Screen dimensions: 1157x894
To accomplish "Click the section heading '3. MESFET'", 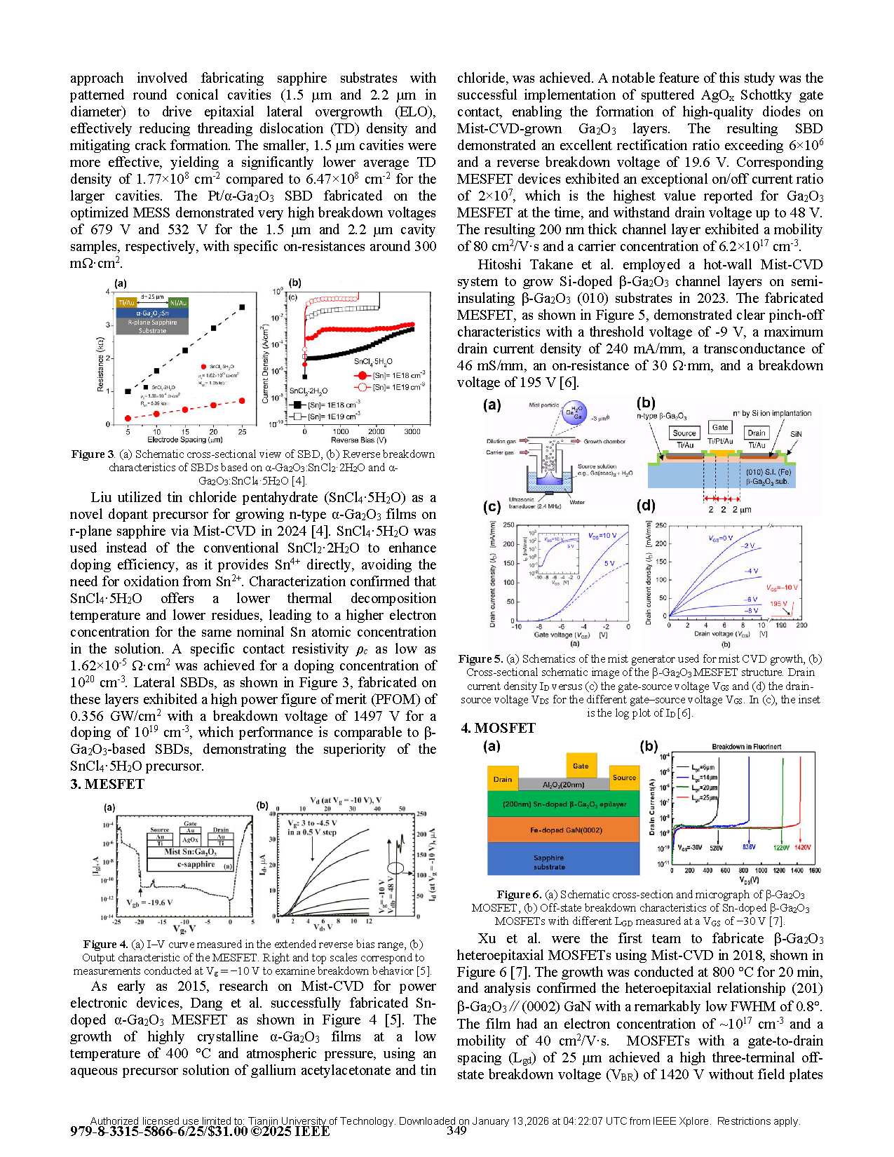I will [107, 784].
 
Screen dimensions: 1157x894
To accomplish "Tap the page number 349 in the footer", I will [456, 1130].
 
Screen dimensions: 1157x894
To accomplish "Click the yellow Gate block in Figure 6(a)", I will [581, 765].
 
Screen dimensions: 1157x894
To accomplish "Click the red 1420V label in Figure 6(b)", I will [802, 847].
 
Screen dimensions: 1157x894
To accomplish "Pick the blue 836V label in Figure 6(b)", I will [749, 847].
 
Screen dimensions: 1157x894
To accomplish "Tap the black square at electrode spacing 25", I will [243, 306].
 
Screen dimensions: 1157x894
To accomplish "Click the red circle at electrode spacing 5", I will [128, 418].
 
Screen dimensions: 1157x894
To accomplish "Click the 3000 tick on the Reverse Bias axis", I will [412, 431].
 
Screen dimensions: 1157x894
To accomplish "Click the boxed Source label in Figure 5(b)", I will [684, 433].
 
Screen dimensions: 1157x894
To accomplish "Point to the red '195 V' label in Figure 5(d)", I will [778, 604].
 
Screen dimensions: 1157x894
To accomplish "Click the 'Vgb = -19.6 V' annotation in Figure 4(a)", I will [149, 902].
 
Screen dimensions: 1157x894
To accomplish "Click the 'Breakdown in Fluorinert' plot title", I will [746, 747].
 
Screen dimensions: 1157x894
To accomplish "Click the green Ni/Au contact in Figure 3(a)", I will [179, 302].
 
